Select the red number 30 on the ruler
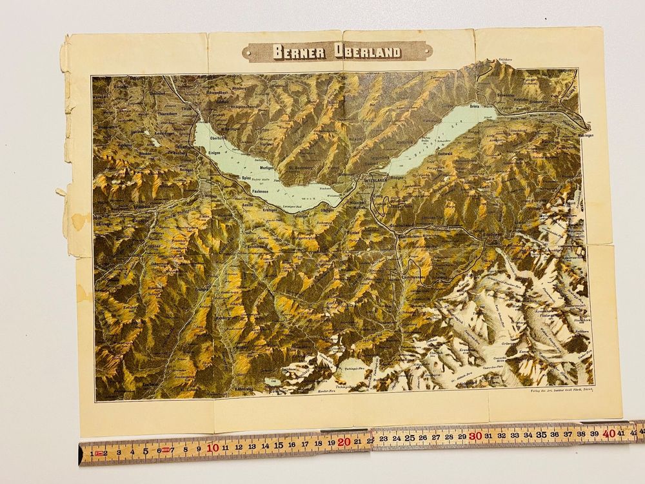click(x=475, y=437)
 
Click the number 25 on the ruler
click(x=410, y=438)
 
